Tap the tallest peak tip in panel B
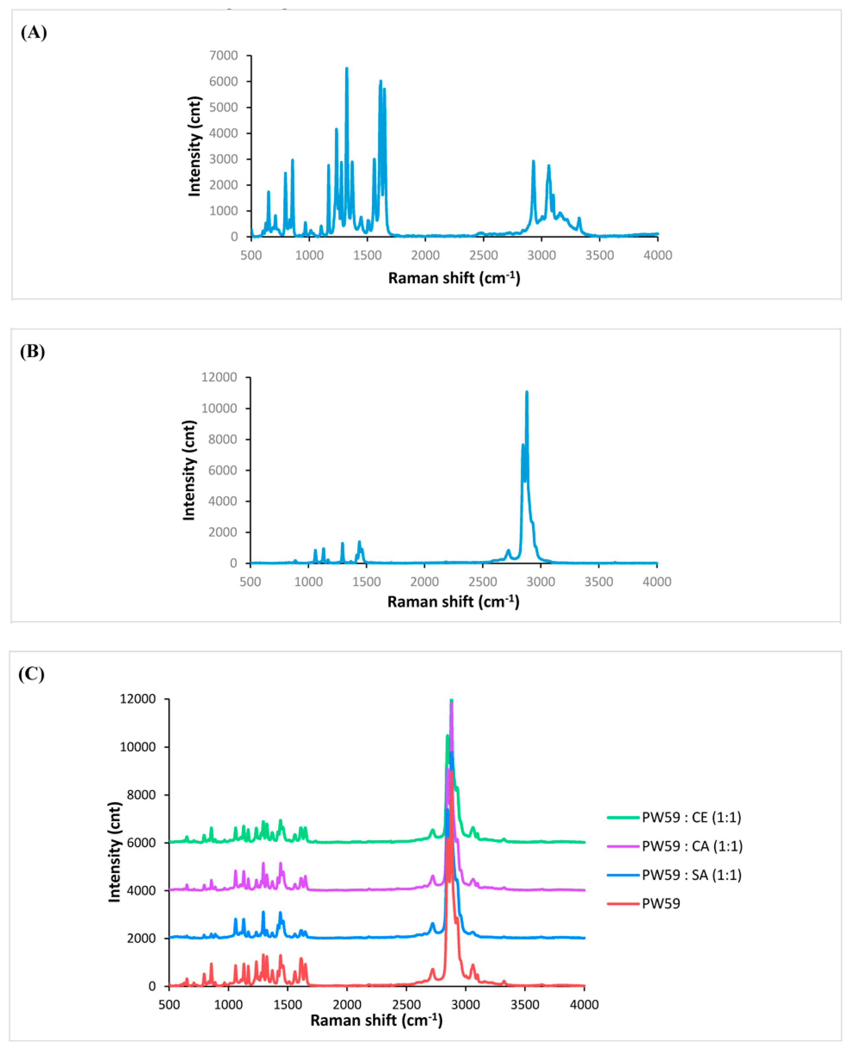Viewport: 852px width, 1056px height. pos(527,392)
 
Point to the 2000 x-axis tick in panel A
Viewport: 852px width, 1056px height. pos(425,255)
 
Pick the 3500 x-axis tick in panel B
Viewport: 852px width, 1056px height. pos(599,582)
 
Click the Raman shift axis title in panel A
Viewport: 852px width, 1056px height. pos(454,278)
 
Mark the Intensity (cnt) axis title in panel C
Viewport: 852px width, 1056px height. pos(114,852)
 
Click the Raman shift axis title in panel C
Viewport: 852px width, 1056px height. pos(376,1021)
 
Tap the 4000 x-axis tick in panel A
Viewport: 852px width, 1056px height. pos(658,255)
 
